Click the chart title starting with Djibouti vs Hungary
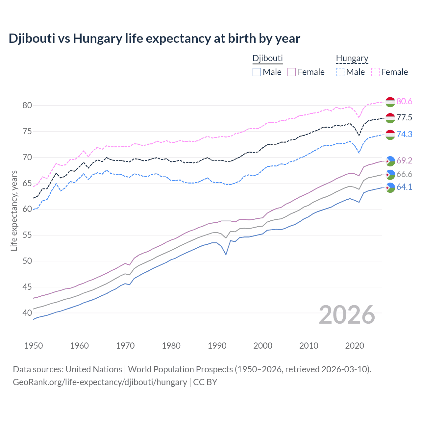[154, 38]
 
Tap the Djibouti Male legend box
[257, 72]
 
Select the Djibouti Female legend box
[292, 72]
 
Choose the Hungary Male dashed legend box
[340, 72]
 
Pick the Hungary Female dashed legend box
[375, 72]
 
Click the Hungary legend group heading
[352, 59]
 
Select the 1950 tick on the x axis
[34, 346]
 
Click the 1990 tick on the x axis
[217, 346]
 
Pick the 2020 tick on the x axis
[355, 346]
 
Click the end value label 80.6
[404, 102]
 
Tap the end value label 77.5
[404, 118]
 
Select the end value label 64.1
[404, 187]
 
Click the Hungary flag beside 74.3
[390, 135]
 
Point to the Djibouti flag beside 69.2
[390, 161]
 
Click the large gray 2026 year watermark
[347, 315]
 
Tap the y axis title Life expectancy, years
[14, 210]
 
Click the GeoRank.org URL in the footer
[100, 382]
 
